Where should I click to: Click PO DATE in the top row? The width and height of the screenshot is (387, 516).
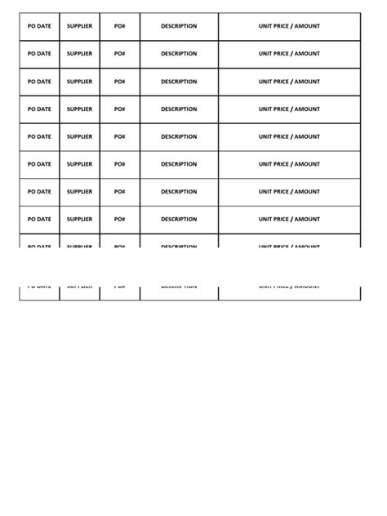pyautogui.click(x=39, y=26)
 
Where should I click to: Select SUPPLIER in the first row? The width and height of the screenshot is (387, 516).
pyautogui.click(x=79, y=26)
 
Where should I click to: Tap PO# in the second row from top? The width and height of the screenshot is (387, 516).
pyautogui.click(x=120, y=54)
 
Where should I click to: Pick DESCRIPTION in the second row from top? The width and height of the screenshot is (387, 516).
pyautogui.click(x=179, y=54)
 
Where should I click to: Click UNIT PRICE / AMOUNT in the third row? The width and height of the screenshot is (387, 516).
pyautogui.click(x=289, y=82)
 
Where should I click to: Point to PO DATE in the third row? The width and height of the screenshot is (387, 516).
pyautogui.click(x=39, y=82)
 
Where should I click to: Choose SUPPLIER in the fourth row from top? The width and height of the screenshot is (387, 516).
pyautogui.click(x=79, y=109)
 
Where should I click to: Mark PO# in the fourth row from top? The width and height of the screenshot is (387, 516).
pyautogui.click(x=120, y=109)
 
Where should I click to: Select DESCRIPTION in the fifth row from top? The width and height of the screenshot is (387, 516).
pyautogui.click(x=179, y=137)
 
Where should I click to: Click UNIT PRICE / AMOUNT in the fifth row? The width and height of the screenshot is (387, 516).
pyautogui.click(x=289, y=137)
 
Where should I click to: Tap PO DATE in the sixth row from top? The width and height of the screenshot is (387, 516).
pyautogui.click(x=39, y=164)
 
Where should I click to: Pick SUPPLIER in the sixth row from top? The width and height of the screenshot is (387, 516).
pyautogui.click(x=79, y=164)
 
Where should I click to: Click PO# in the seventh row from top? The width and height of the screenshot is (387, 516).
pyautogui.click(x=120, y=192)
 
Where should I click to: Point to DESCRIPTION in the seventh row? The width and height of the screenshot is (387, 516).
pyautogui.click(x=179, y=192)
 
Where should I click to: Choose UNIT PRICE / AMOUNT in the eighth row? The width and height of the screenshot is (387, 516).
pyautogui.click(x=289, y=220)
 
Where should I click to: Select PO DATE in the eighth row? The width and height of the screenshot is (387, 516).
pyautogui.click(x=39, y=220)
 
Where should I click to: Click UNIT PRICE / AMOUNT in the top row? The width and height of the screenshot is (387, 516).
pyautogui.click(x=289, y=26)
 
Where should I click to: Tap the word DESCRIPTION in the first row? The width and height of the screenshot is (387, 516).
pyautogui.click(x=179, y=26)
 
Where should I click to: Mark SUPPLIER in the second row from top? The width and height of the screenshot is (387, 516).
pyautogui.click(x=79, y=54)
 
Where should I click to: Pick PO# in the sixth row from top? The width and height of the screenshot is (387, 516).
pyautogui.click(x=120, y=164)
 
